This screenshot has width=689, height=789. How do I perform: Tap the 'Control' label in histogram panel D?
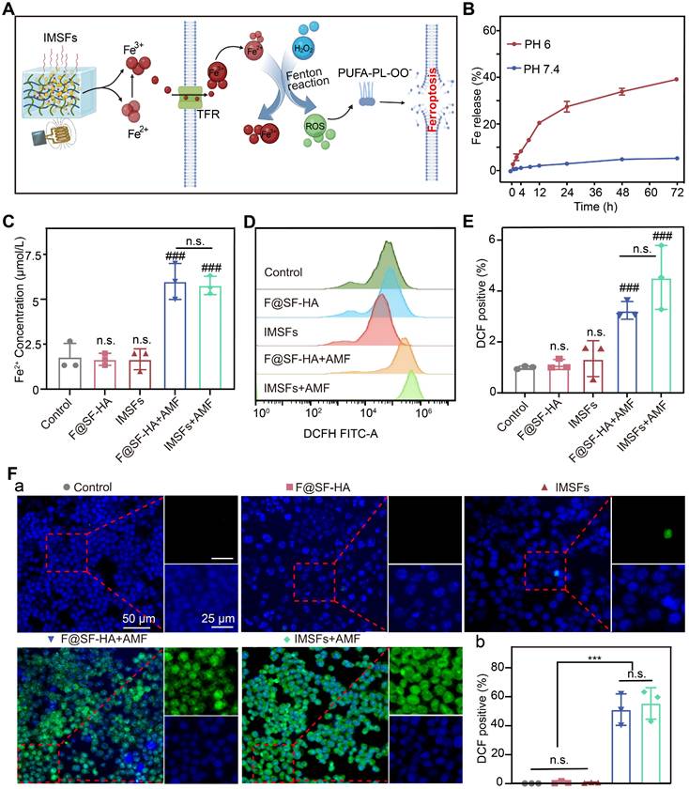[284, 273]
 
